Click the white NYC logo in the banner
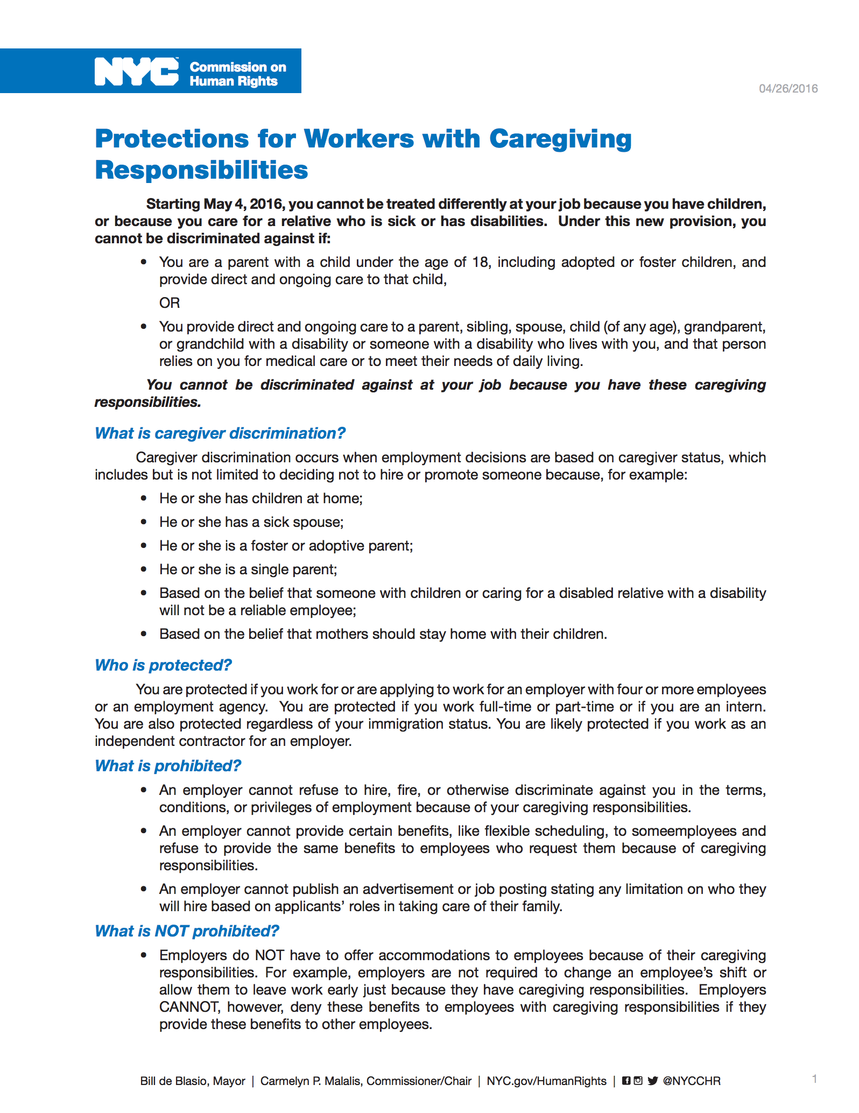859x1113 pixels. pos(137,72)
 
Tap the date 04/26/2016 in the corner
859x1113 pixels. pos(788,89)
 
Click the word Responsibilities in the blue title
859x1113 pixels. pos(202,170)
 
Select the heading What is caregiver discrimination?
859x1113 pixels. pos(220,433)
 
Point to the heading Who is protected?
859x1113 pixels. pos(163,665)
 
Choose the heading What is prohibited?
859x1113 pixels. pos(168,766)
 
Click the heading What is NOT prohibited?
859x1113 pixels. pos(187,931)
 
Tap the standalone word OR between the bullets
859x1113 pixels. pos(170,303)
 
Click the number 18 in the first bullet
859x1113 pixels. pos(480,262)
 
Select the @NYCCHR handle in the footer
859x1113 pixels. pos(692,1081)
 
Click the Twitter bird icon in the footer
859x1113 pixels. pos(653,1081)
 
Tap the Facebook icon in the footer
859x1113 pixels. pos(626,1081)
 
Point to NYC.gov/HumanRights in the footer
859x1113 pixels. pos(546,1081)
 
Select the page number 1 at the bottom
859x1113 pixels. pos(815,1079)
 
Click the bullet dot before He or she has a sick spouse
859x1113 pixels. pos(144,522)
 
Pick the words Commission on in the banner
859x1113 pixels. pos(238,67)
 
